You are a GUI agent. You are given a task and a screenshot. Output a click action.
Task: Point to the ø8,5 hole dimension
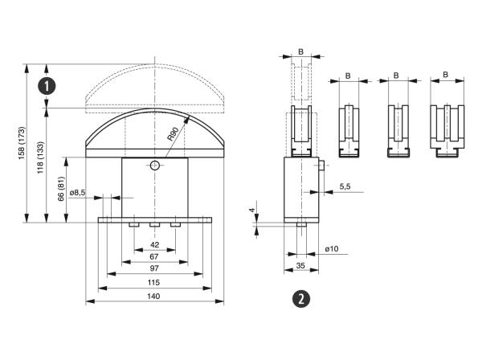pyautogui.click(x=78, y=193)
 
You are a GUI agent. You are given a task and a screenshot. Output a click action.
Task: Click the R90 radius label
pyautogui.click(x=174, y=132)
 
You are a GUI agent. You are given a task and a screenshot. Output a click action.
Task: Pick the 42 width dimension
pyautogui.click(x=154, y=244)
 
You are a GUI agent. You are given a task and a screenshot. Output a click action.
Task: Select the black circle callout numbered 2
pyautogui.click(x=300, y=299)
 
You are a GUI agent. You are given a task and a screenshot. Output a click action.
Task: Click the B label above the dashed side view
pyautogui.click(x=300, y=51)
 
